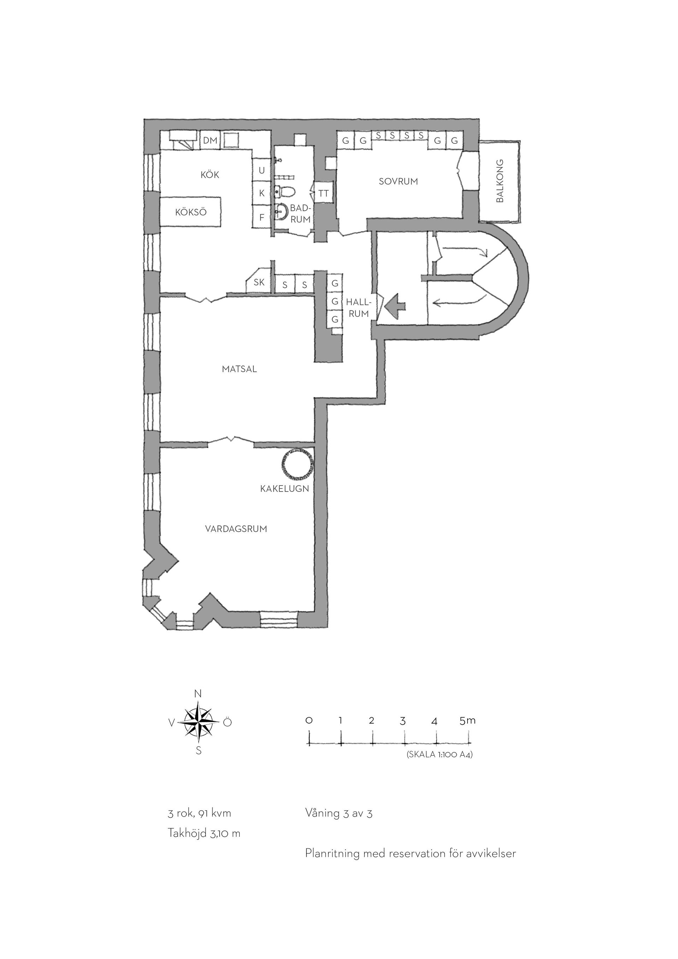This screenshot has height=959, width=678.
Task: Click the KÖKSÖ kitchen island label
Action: [x=191, y=212]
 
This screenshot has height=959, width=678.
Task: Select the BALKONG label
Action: [x=500, y=181]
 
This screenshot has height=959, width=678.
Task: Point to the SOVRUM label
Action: [x=398, y=181]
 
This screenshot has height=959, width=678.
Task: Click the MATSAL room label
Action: [x=239, y=369]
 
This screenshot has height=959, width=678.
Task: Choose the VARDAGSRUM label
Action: [x=236, y=529]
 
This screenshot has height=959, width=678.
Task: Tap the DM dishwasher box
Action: [x=210, y=140]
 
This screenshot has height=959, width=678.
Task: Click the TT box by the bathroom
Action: [x=323, y=193]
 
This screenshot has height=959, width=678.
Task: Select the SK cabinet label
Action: [x=259, y=282]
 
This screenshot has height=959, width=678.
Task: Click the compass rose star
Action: [x=199, y=722]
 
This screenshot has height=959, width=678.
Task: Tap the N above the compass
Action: [x=198, y=694]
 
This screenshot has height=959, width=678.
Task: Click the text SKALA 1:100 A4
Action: [x=439, y=755]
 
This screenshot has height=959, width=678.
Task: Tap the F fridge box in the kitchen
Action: [x=262, y=217]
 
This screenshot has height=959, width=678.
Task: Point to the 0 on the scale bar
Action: [x=309, y=721]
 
